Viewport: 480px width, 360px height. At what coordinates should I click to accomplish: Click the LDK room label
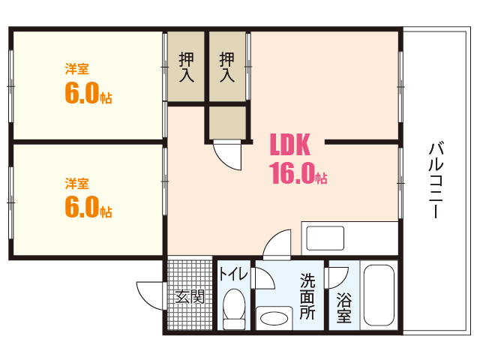pos(295,144)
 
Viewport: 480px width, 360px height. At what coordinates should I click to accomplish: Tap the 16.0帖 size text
pos(298,174)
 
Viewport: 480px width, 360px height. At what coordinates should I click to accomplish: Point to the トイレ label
pos(233,274)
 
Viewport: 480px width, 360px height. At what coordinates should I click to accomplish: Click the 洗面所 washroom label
pos(307,297)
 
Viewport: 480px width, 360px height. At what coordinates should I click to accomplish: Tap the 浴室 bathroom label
pos(344,307)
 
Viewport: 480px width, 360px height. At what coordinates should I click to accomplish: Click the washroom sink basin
pos(274,317)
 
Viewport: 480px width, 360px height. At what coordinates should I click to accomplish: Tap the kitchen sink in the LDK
pos(324,238)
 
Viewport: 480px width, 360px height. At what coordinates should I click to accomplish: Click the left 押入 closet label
pos(187,67)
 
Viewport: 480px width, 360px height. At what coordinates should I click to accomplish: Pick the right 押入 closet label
pos(227,67)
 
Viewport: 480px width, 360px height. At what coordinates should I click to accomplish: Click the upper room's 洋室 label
pos(76,70)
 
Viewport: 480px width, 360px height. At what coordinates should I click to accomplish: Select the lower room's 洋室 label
pos(76,183)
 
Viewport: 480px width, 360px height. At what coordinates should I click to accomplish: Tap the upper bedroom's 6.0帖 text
pos(88,94)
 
